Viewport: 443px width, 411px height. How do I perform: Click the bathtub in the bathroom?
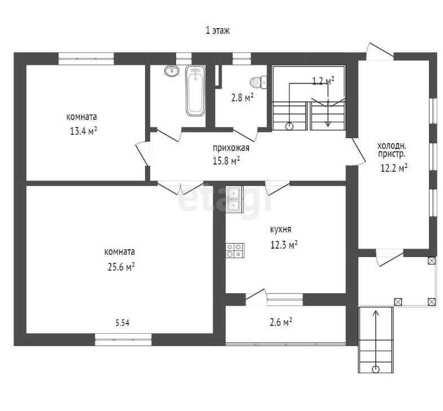[x=195, y=91]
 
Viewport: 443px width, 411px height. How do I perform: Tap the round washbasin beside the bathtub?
[x=172, y=70]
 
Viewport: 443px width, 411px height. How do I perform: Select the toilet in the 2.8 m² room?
[x=258, y=82]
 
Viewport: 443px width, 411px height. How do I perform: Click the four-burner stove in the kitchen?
[x=235, y=250]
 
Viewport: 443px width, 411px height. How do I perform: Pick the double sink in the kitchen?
[x=234, y=199]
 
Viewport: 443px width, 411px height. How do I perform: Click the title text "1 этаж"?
[x=217, y=30]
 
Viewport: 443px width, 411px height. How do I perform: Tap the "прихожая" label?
[x=231, y=148]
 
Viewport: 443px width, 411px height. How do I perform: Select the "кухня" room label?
[x=280, y=229]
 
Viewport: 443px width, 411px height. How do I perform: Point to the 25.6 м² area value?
[x=121, y=267]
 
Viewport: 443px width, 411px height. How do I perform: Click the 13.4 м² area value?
[x=84, y=131]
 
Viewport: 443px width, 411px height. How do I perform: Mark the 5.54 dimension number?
[x=122, y=322]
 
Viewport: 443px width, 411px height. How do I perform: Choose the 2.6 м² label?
[x=281, y=322]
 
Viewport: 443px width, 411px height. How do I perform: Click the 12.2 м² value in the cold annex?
[x=394, y=168]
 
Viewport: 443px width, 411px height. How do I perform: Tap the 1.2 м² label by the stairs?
[x=323, y=81]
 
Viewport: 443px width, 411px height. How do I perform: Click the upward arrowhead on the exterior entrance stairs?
[x=376, y=313]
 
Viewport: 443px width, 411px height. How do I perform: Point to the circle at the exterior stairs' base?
[x=376, y=369]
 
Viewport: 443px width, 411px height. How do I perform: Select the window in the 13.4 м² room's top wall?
[x=86, y=59]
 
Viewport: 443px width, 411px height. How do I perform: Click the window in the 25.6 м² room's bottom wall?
[x=123, y=339]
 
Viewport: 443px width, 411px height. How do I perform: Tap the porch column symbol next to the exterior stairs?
[x=398, y=302]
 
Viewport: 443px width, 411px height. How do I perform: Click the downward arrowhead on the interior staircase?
[x=328, y=123]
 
